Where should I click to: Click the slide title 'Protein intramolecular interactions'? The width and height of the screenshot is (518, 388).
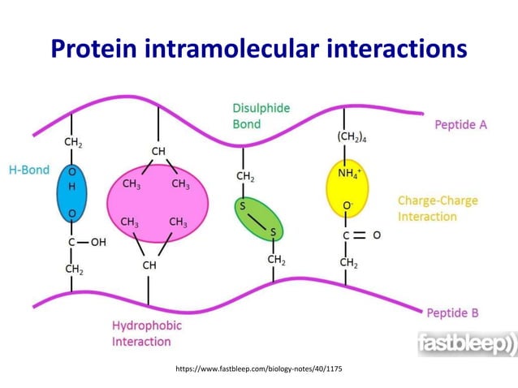point(259,48)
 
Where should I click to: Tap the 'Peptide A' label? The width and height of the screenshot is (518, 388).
point(461,125)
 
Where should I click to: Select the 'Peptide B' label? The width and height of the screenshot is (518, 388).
point(452,312)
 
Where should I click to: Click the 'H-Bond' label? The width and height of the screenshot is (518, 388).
point(29,170)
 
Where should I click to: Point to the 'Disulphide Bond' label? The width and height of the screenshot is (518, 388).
point(261,116)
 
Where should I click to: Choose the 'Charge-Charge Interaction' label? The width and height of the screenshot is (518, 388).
point(438,209)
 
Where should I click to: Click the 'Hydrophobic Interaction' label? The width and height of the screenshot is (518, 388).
point(147,334)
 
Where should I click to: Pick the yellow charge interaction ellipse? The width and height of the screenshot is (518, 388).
point(347,190)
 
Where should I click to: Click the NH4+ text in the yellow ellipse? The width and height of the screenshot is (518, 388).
point(348,172)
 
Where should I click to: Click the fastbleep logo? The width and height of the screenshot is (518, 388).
point(466,344)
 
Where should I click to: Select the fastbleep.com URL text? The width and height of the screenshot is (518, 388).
point(259,369)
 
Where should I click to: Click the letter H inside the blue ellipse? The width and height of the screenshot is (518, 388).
point(72,187)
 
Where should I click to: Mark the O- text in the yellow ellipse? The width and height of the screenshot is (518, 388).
point(347,208)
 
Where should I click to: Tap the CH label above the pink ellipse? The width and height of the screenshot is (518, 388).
point(158,151)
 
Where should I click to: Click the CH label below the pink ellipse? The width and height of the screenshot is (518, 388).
point(150,265)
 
